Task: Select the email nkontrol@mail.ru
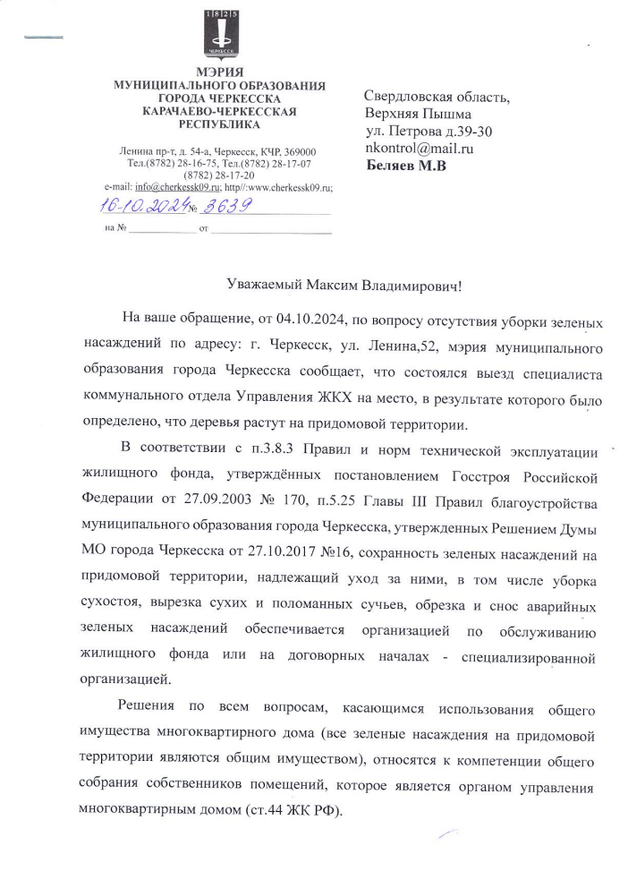419,149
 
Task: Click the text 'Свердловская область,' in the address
437,98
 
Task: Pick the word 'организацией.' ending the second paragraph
124,679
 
